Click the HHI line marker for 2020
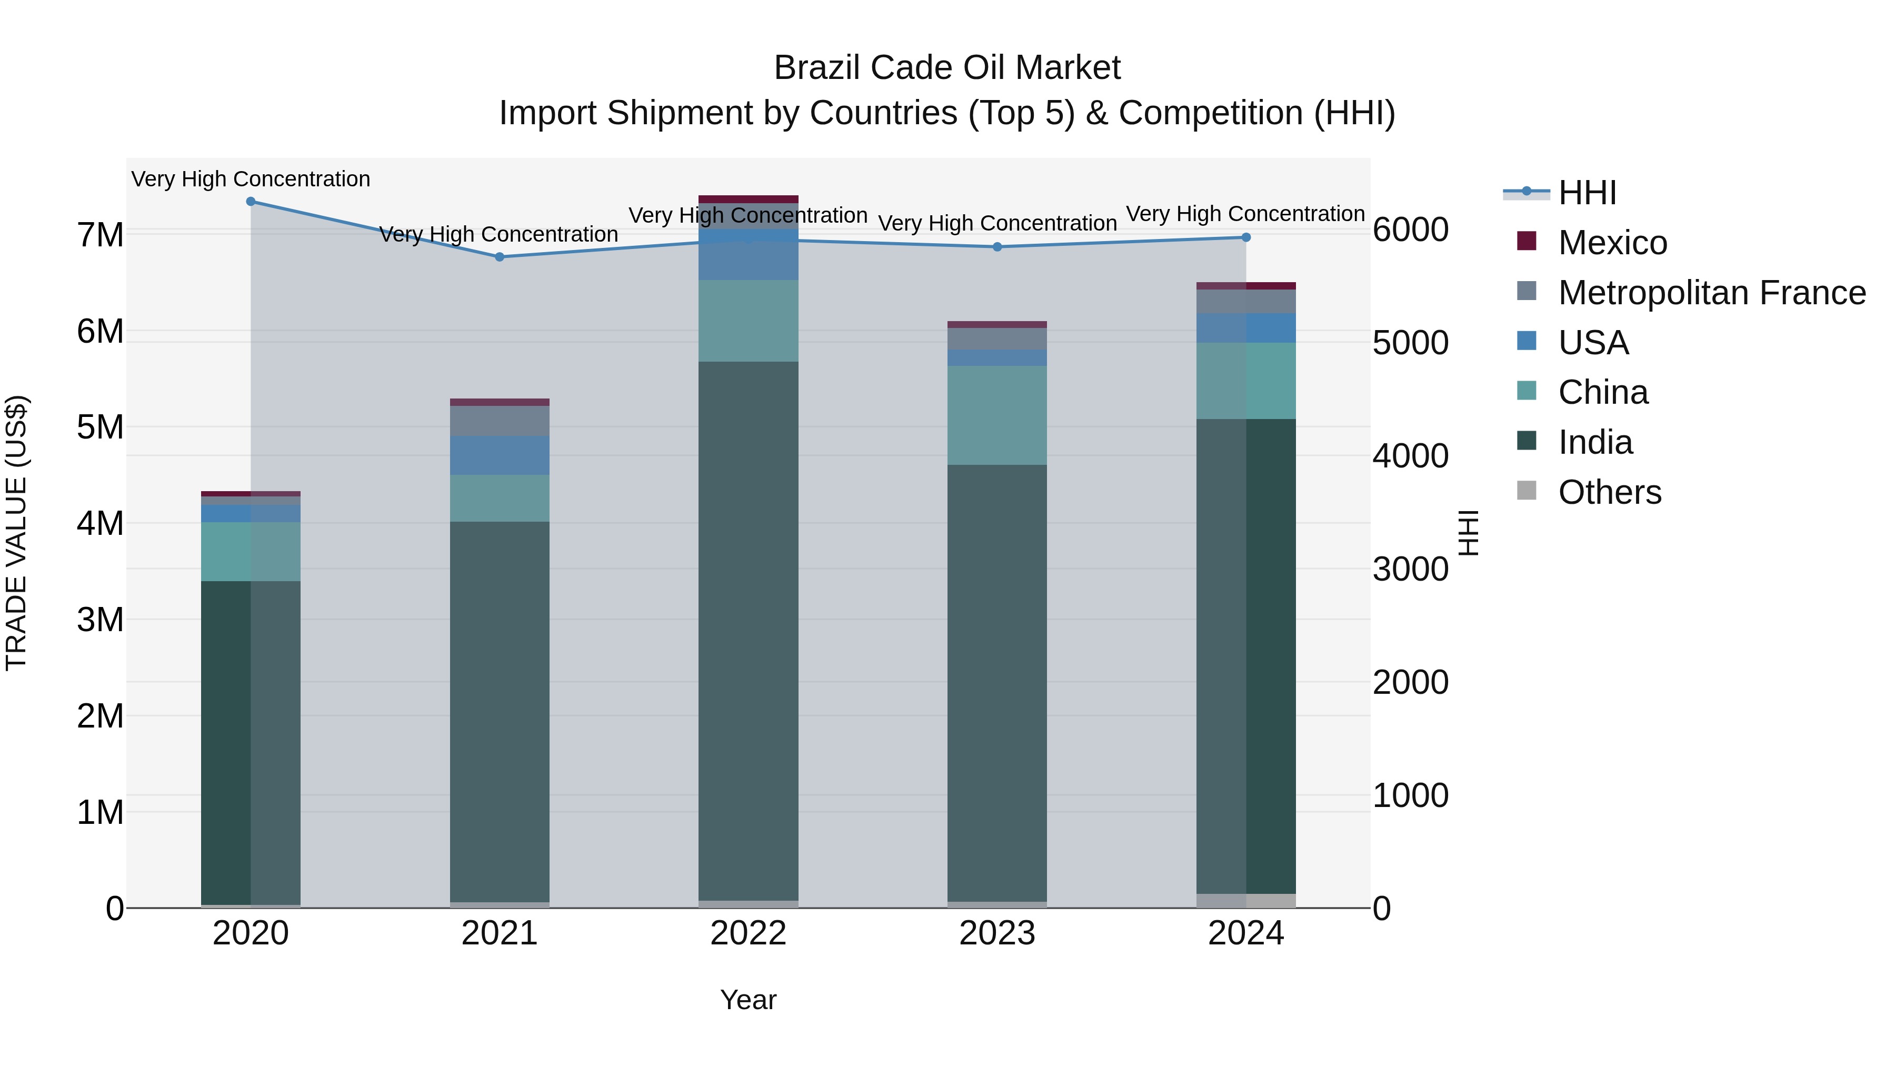pos(251,202)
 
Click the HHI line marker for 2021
pos(500,257)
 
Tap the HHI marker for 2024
pos(1246,237)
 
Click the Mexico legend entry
pos(1612,243)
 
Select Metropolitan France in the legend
pos(1711,293)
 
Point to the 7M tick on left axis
pos(100,235)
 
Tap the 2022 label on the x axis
pos(748,933)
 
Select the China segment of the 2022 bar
pos(748,321)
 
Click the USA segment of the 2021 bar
pos(500,455)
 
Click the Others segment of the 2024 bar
pos(1246,901)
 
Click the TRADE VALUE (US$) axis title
pos(16,533)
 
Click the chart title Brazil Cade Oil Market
pos(947,68)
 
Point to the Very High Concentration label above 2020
pos(251,180)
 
